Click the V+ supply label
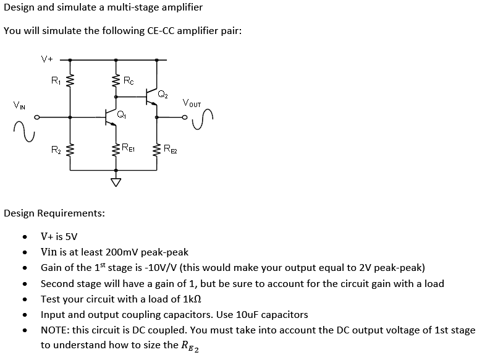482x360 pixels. (x=47, y=59)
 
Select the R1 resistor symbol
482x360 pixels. (x=70, y=80)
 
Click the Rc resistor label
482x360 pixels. (x=128, y=79)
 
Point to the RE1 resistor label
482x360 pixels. (x=129, y=148)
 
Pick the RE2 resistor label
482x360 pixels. (x=170, y=148)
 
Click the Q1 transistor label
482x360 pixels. (x=121, y=113)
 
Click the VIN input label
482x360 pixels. (x=19, y=105)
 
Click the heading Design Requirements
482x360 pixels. (x=54, y=213)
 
